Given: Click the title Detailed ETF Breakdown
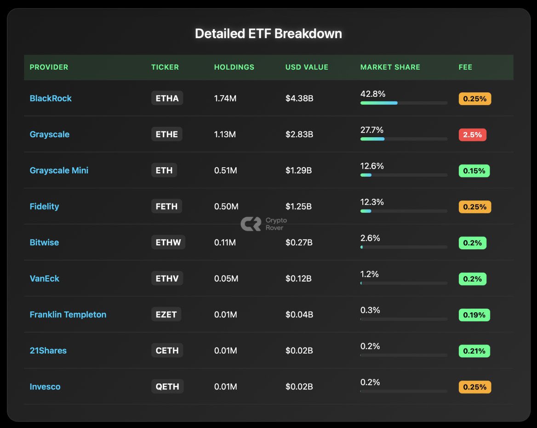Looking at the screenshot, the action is [268, 34].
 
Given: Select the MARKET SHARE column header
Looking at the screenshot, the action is [390, 67].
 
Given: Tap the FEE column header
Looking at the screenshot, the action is [465, 67].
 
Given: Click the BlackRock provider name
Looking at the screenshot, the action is [51, 98].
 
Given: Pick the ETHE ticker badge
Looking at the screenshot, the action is [167, 134].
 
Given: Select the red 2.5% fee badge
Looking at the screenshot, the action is [472, 135].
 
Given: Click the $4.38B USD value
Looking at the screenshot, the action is [299, 98].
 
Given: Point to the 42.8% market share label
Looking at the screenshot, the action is [372, 94].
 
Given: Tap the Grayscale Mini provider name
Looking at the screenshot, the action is [59, 170].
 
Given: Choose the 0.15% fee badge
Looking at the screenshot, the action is [474, 171].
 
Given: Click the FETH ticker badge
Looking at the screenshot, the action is [166, 206].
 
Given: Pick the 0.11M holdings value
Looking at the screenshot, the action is [225, 242].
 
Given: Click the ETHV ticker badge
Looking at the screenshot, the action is [167, 278].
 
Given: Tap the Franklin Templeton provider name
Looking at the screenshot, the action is [68, 315].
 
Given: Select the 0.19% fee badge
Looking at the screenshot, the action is [474, 315].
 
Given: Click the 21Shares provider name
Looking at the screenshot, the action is [48, 351].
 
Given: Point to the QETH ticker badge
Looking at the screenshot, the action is [167, 387].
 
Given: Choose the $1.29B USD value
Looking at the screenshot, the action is [299, 170].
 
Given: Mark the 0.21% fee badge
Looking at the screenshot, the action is [474, 351].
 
